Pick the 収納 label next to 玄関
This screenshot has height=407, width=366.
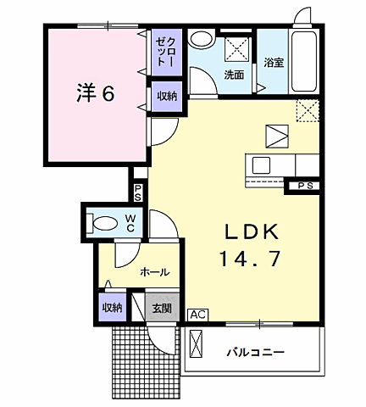click(111, 308)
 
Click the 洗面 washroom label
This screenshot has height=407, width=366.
click(234, 75)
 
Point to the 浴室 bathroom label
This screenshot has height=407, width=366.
click(273, 63)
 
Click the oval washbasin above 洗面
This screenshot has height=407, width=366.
click(202, 39)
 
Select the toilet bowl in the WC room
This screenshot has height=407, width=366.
click(104, 224)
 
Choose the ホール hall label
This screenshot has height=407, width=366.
click(154, 272)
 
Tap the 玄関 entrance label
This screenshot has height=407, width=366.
click(162, 308)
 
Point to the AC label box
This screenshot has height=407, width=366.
click(197, 315)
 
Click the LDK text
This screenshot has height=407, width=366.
click(251, 231)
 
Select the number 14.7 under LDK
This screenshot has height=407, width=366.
click(251, 259)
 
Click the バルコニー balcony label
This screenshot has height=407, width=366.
click(255, 351)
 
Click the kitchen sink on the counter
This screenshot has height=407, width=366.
click(260, 164)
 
